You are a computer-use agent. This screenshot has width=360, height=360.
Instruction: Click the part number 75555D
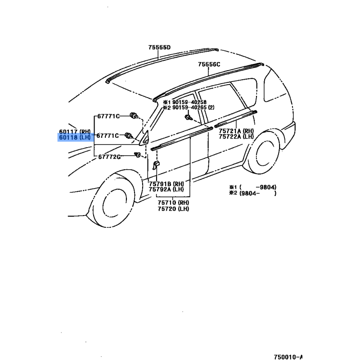click(x=159, y=48)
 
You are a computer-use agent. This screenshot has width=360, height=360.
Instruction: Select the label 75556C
click(x=209, y=64)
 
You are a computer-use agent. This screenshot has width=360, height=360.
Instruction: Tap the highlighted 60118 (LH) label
click(x=75, y=138)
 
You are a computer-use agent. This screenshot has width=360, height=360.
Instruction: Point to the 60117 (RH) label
click(x=75, y=132)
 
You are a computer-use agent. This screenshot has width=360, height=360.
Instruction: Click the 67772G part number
click(x=109, y=157)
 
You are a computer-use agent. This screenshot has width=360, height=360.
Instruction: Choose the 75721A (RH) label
click(x=236, y=131)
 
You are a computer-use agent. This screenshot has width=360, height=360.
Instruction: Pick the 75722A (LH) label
click(x=236, y=137)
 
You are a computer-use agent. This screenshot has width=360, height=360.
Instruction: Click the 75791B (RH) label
click(x=166, y=184)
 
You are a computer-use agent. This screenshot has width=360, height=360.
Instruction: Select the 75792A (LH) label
click(x=166, y=189)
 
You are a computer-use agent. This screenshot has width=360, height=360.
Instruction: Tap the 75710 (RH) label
click(x=173, y=203)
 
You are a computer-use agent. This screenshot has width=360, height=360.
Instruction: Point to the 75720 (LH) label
click(x=173, y=209)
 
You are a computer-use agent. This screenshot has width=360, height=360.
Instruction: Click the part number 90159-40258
click(x=189, y=102)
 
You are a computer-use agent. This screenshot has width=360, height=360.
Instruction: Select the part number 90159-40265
click(x=189, y=108)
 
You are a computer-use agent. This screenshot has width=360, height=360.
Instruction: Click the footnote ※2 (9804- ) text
click(x=253, y=193)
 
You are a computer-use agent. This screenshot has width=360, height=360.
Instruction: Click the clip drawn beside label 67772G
click(x=137, y=155)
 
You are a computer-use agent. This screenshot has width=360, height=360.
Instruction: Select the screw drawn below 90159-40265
click(x=188, y=118)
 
